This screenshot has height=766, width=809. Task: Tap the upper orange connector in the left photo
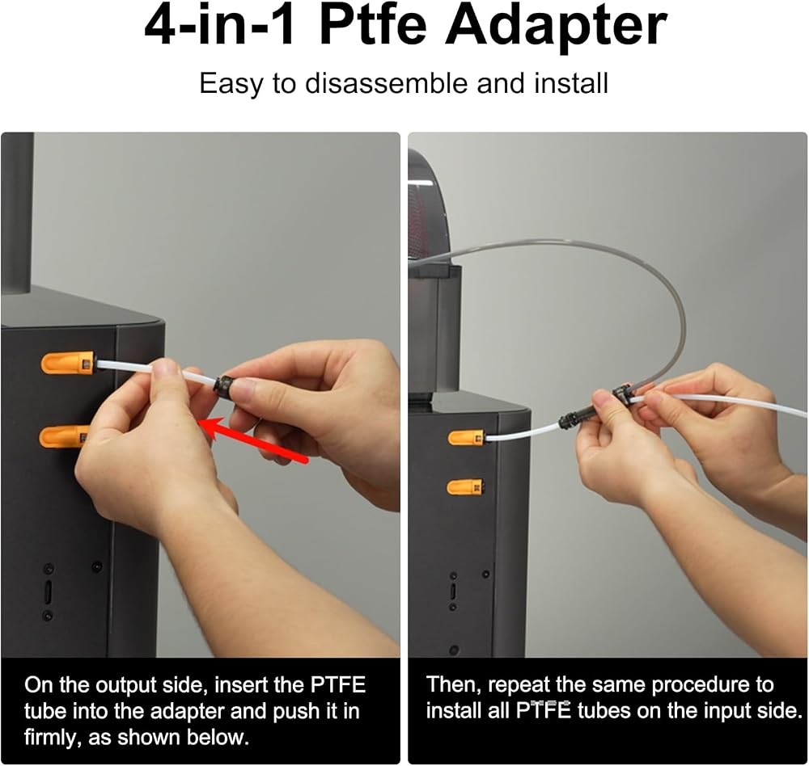pos(68,363)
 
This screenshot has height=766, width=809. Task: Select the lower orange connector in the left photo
pos(64,436)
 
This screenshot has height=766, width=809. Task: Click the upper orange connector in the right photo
pos(465,438)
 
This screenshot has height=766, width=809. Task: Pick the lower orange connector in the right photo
pos(465,486)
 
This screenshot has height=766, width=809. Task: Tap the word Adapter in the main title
pos(556,26)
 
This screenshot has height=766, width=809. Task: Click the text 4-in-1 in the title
pos(220,26)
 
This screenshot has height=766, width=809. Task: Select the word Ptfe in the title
pos(372,26)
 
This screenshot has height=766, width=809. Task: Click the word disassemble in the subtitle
pos(387,83)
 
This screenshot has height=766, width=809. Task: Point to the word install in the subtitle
pos(571,83)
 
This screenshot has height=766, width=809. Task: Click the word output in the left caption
pos(128,685)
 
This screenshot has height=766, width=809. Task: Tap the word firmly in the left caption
pos(53,738)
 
